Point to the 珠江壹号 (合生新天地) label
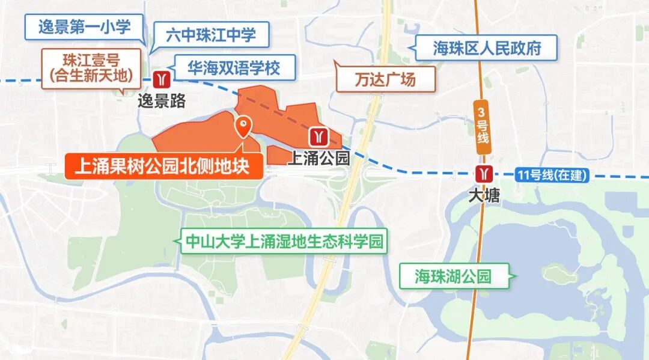91,68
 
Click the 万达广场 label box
385,79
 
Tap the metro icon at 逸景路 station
161,79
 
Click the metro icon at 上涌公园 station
318,137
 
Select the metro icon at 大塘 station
483,174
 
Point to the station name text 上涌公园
318,158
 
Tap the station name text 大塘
484,196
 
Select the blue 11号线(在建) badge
552,176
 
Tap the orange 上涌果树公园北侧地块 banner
163,166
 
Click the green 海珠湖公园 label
454,276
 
